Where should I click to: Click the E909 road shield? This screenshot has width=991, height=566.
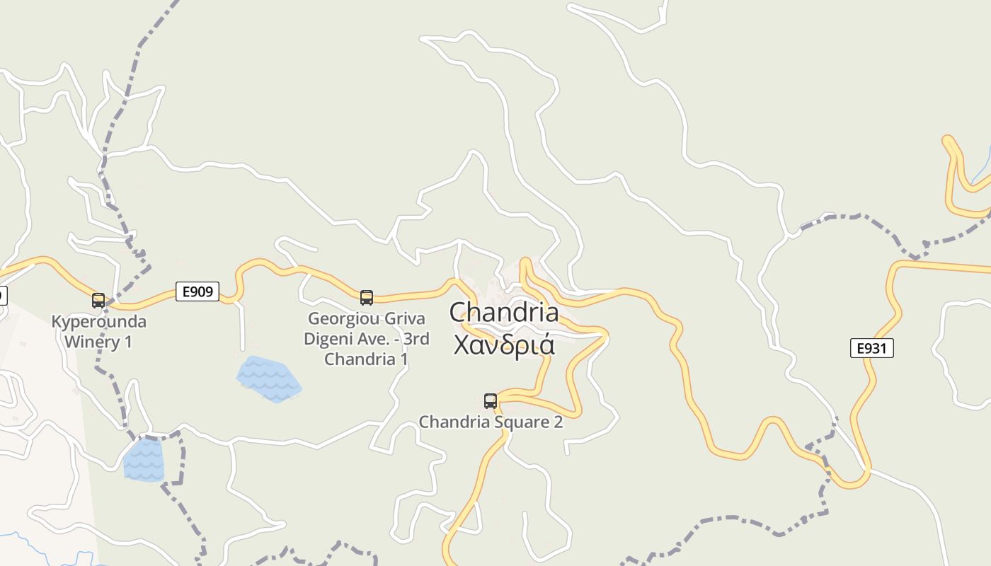197,291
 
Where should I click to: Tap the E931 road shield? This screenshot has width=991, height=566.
871,348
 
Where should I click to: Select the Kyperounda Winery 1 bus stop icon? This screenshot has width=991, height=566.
98,301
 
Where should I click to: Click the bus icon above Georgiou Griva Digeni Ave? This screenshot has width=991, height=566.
367,298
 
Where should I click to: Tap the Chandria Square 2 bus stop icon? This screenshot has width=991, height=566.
491,401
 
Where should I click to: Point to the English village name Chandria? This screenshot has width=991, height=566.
503,312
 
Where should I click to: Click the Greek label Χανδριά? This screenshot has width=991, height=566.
503,345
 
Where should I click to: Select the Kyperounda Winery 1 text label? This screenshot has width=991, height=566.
99,332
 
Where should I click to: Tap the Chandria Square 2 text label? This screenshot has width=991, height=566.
491,422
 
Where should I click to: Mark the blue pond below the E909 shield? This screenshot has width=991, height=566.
268,378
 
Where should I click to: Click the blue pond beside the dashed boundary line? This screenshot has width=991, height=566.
144,460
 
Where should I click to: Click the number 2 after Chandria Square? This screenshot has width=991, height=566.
558,422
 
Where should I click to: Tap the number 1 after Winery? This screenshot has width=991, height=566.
128,342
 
